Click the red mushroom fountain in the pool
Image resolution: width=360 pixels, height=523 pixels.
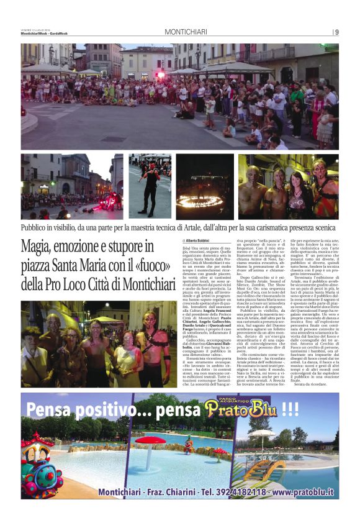(151, 443)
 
